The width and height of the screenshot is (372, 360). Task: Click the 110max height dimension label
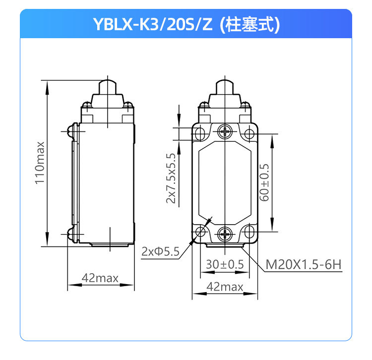tap(40, 163)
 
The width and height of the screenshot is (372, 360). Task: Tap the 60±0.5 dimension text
tap(264, 182)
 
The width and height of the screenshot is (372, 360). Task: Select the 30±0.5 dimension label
tap(225, 264)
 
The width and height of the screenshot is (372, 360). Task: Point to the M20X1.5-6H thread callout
tap(304, 264)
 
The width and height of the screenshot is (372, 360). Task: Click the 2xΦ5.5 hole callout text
tap(160, 251)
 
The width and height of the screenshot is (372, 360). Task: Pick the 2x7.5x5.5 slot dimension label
tap(171, 179)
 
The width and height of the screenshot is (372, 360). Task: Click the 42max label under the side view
tap(100, 278)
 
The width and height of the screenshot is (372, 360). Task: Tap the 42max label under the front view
tap(225, 287)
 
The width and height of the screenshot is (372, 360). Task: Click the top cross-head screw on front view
tap(225, 131)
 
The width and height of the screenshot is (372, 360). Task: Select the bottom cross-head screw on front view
tap(225, 234)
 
